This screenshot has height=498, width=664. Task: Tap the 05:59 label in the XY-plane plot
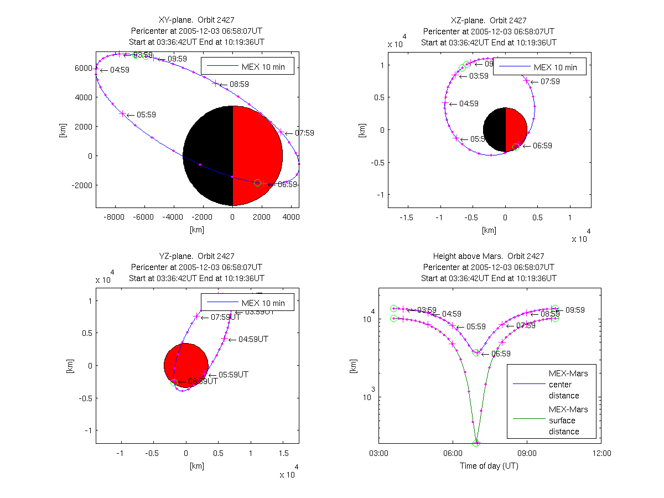[x=146, y=115]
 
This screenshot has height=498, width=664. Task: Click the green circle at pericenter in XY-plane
[x=257, y=183]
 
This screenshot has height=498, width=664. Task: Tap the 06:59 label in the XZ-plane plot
[x=542, y=146]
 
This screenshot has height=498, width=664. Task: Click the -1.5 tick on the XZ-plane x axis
[x=407, y=217]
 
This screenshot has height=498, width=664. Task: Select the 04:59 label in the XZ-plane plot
[x=469, y=103]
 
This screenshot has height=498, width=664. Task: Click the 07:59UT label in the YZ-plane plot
[x=226, y=317]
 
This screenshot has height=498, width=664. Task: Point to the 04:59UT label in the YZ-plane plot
[x=253, y=339]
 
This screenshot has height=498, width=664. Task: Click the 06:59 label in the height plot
[x=501, y=354]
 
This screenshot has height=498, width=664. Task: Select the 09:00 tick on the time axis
[x=527, y=453]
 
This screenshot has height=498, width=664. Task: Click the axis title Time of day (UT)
[x=489, y=466]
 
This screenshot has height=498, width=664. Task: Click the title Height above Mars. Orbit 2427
[x=489, y=256]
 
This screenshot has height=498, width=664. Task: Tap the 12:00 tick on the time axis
[x=601, y=453]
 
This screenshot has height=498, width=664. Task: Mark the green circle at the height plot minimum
[x=476, y=443]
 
